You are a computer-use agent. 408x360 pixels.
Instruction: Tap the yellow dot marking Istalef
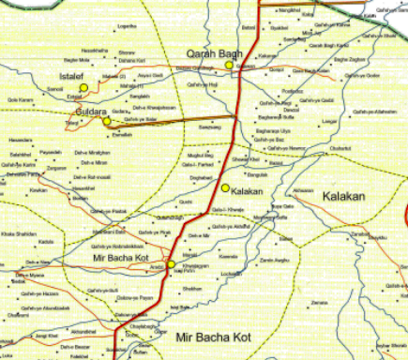coord(84,87)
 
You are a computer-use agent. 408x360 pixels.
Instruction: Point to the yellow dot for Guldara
coord(107,121)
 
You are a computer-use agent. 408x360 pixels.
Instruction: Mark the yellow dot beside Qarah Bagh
coord(229,66)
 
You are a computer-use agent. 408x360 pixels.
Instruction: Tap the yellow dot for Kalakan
coord(225,188)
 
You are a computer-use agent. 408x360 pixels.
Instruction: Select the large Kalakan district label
coord(343,196)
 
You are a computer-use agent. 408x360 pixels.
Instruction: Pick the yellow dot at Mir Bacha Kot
coord(171,264)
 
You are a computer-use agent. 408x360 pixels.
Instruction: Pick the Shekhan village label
coord(192,289)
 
